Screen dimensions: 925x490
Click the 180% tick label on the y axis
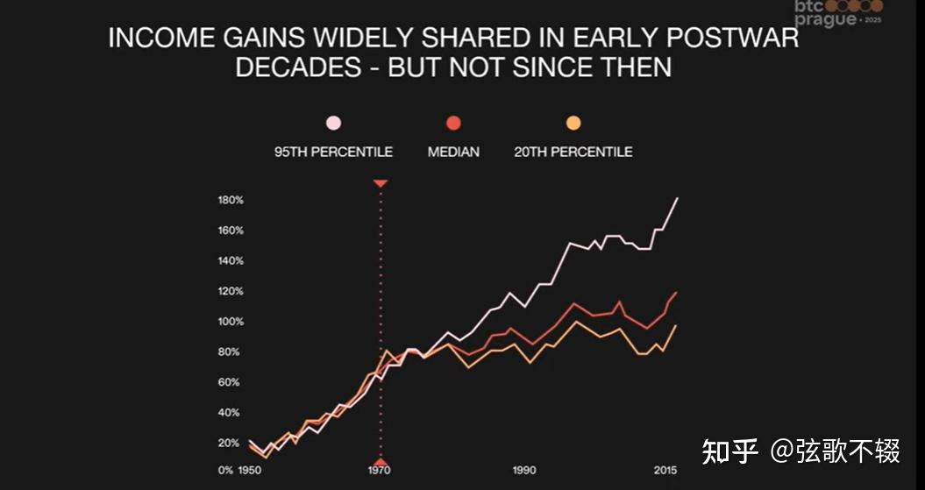click(x=231, y=200)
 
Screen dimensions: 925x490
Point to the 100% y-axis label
click(x=231, y=322)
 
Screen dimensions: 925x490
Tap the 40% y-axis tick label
click(x=229, y=413)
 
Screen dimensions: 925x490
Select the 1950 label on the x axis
click(x=250, y=471)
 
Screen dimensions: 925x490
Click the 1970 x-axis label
click(x=380, y=471)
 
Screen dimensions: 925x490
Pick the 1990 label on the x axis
click(x=523, y=471)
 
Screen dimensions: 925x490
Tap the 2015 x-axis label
click(x=665, y=471)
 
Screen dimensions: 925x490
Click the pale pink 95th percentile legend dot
click(x=333, y=124)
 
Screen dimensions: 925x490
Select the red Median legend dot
click(x=453, y=124)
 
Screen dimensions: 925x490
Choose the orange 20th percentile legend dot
click(x=573, y=124)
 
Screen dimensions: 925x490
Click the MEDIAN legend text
click(x=453, y=153)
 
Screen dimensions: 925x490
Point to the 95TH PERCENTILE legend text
click(x=333, y=153)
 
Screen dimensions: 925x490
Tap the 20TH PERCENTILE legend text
click(x=573, y=153)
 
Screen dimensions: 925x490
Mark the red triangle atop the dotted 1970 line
click(x=381, y=183)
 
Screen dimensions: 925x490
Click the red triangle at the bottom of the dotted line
click(x=381, y=462)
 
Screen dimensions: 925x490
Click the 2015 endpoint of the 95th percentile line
click(x=677, y=198)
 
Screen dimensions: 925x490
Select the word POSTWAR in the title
click(x=732, y=39)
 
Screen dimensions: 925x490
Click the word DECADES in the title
click(x=298, y=67)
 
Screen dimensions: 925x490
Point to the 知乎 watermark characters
click(x=729, y=451)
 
